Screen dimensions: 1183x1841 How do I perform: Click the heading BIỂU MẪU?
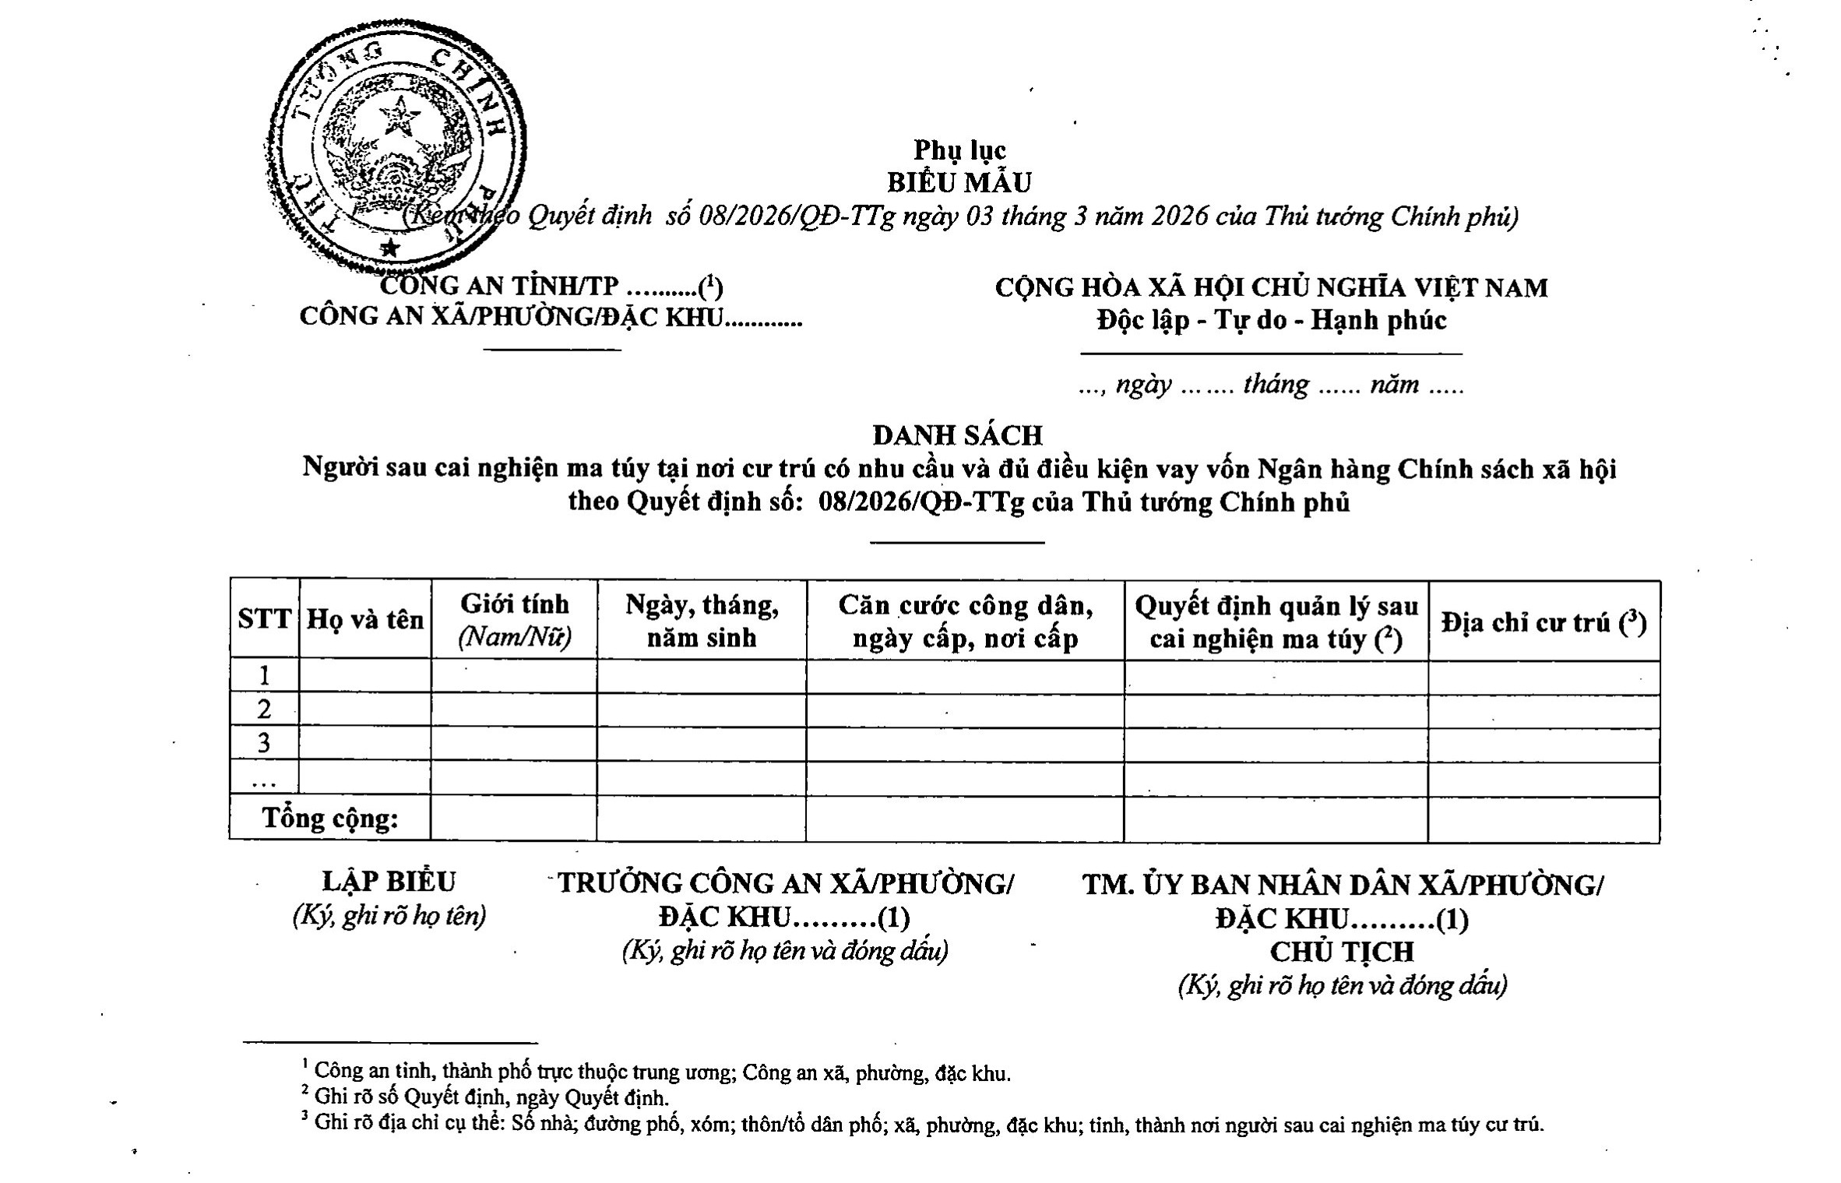coord(959,182)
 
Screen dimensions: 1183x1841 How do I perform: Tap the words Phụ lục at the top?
coord(959,150)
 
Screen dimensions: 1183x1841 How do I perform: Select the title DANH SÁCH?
coord(957,434)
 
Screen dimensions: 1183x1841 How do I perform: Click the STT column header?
coord(264,620)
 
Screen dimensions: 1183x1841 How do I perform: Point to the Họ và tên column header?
coord(365,620)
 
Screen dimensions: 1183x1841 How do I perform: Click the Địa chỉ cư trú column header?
coord(1544,622)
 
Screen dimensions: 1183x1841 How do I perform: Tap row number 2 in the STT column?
coord(264,709)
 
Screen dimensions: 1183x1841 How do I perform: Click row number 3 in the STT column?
coord(264,743)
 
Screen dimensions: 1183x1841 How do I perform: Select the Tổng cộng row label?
coord(330,819)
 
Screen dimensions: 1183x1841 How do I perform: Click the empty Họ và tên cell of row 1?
coord(365,676)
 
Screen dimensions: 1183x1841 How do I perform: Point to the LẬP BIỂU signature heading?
coord(389,882)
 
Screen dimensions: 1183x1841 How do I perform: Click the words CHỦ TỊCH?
coord(1342,952)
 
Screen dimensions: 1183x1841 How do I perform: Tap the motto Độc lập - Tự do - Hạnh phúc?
coord(1272,320)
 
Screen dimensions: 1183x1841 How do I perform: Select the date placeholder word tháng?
coord(1276,385)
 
